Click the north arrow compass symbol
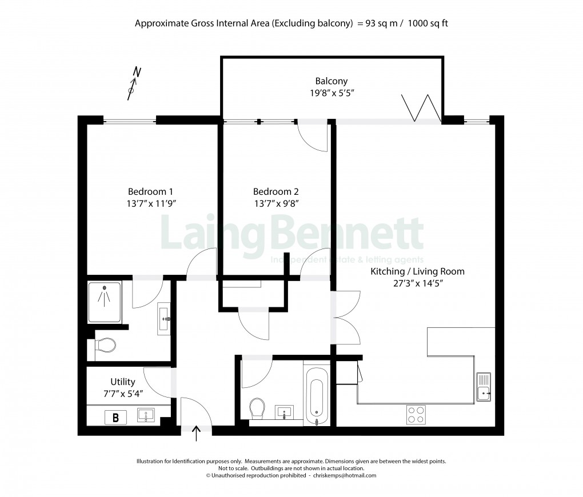click(x=134, y=83)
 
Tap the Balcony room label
click(x=331, y=81)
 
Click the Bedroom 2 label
click(x=275, y=191)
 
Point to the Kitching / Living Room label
click(x=417, y=271)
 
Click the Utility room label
click(x=123, y=382)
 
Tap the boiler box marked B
click(x=116, y=418)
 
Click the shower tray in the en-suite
click(x=105, y=300)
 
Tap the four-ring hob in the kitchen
click(x=416, y=414)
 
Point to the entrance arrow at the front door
click(x=198, y=433)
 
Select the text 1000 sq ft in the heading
click(x=432, y=23)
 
